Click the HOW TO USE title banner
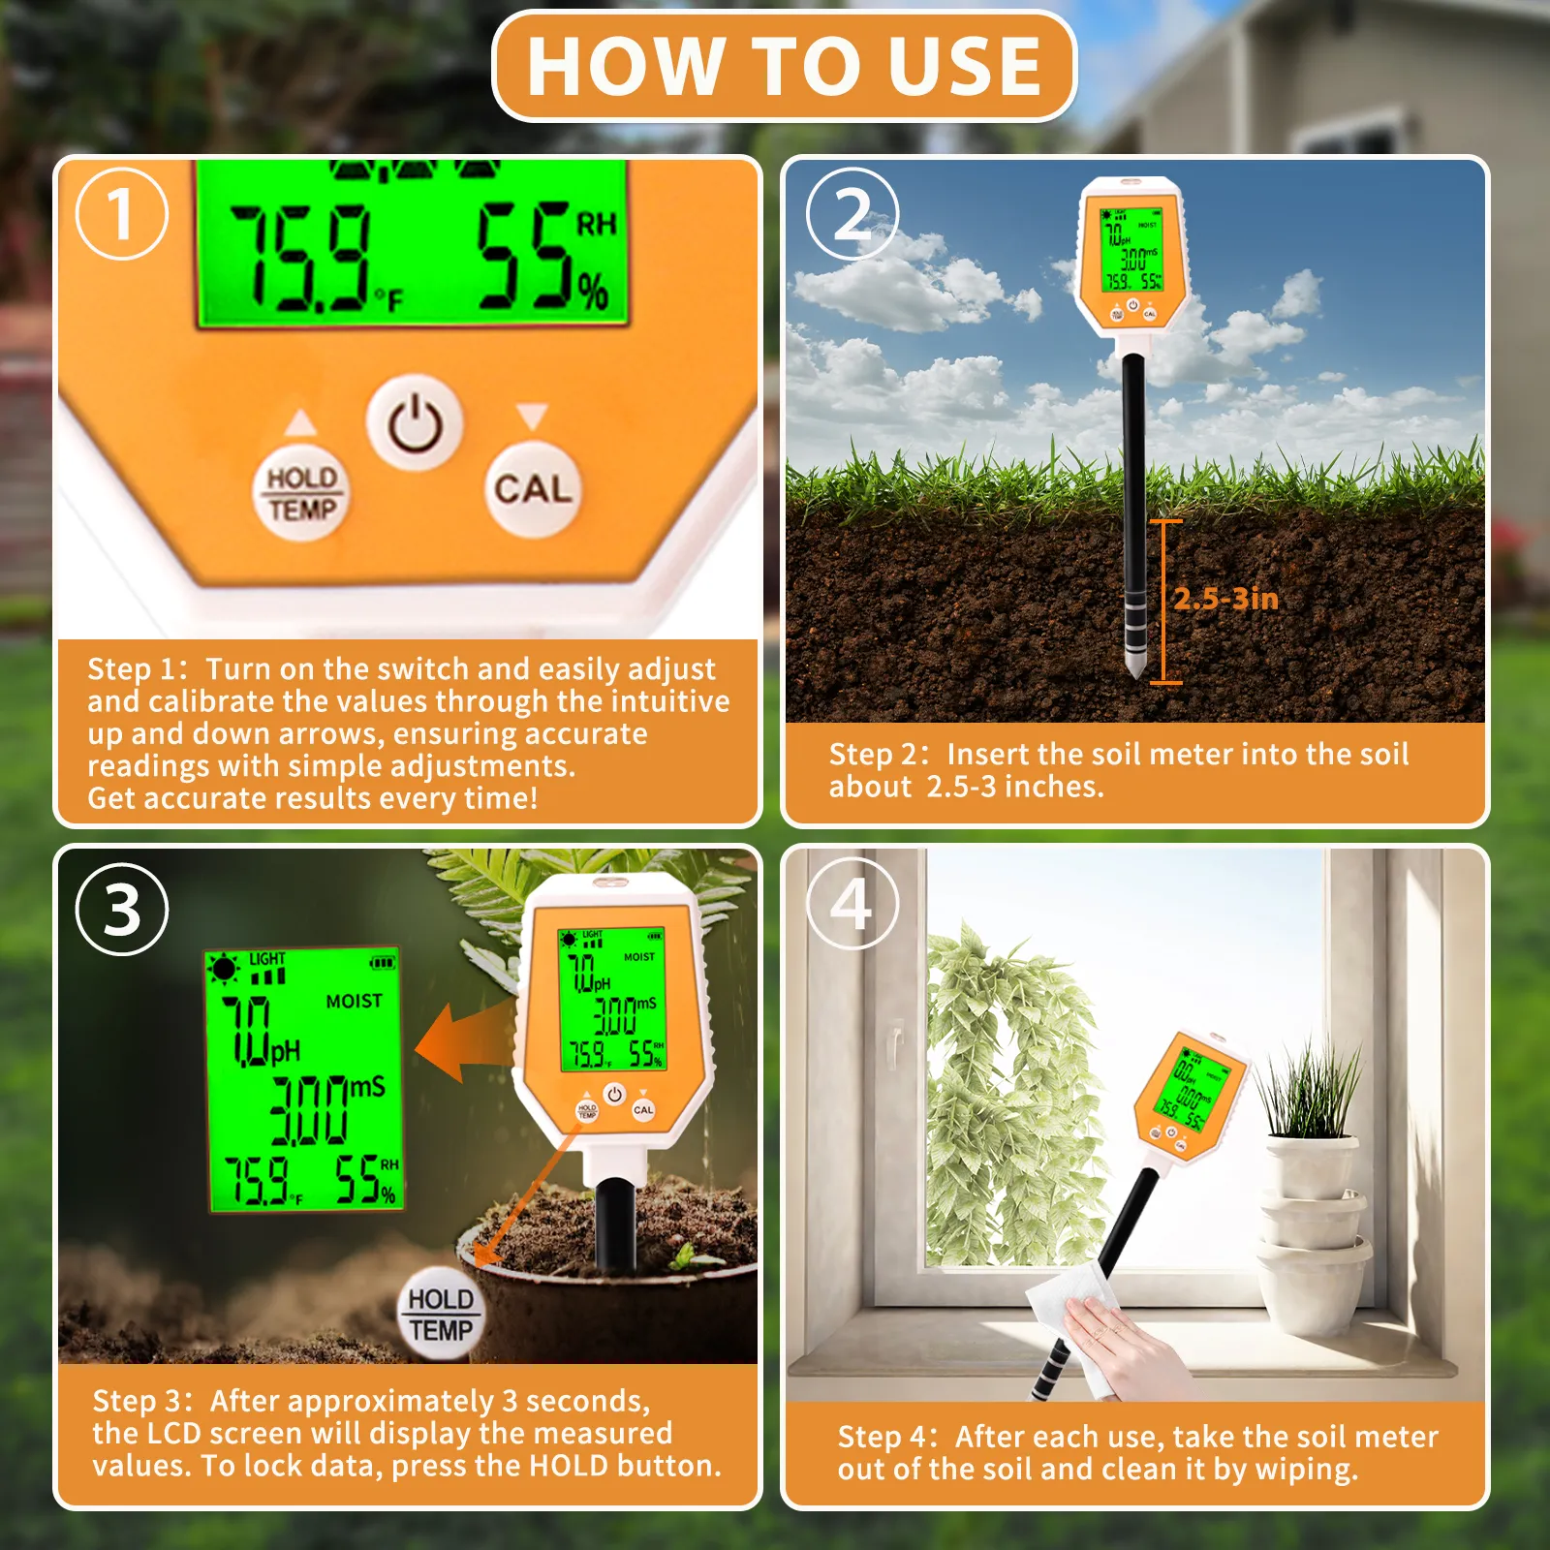click(x=784, y=66)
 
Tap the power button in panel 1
click(x=416, y=423)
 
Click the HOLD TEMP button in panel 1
click(x=301, y=493)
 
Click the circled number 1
click(x=121, y=213)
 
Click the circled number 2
click(x=852, y=213)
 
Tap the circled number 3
click(x=122, y=910)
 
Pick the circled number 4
click(x=852, y=904)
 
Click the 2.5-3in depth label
click(x=1225, y=599)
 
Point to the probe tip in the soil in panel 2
click(x=1133, y=668)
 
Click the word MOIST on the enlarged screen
click(x=354, y=1001)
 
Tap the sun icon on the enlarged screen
click(x=225, y=968)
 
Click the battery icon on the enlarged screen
click(x=383, y=962)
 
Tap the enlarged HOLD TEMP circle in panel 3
click(x=441, y=1314)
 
